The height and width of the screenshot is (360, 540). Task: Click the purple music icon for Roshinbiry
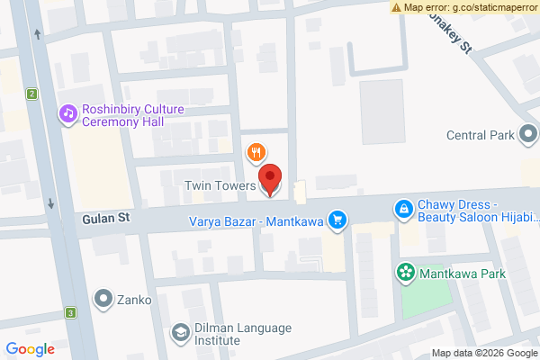(67, 113)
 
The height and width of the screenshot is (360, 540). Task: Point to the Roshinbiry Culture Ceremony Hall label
(132, 115)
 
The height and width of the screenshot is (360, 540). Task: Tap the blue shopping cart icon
(337, 219)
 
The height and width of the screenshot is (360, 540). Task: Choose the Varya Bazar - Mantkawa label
(256, 220)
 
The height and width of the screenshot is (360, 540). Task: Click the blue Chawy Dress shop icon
(405, 210)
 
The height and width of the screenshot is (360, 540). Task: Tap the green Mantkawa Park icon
(406, 271)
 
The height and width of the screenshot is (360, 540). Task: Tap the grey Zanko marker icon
(104, 298)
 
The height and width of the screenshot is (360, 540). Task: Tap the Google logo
(30, 349)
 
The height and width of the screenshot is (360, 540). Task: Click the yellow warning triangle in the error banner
(397, 7)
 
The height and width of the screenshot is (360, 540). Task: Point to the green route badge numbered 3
(69, 313)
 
